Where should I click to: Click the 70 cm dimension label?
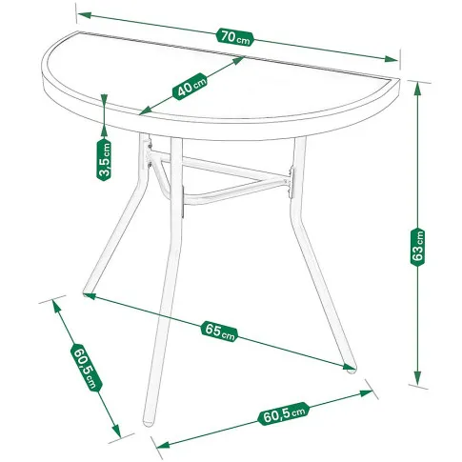point(235,37)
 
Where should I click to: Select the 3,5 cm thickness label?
point(104,160)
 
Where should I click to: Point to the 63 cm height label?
point(418,247)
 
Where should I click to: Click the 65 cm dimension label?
point(219,331)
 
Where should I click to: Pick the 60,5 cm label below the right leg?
point(284,413)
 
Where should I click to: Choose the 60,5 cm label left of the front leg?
point(87,368)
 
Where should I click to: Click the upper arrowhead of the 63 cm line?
point(418,89)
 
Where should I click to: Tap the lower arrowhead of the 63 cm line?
point(418,378)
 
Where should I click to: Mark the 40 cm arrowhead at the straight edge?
point(238,60)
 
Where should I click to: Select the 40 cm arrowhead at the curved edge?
point(145,111)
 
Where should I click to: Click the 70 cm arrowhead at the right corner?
point(392,59)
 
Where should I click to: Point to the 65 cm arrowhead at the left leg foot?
point(90,296)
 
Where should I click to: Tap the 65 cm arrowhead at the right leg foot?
point(349,367)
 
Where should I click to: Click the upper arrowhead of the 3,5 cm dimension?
point(104,100)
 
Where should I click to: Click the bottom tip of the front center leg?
point(148,424)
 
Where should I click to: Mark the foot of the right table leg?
point(352,370)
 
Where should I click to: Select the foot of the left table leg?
point(86,294)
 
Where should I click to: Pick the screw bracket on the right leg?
point(291,183)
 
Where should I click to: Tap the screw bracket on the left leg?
point(150,155)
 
